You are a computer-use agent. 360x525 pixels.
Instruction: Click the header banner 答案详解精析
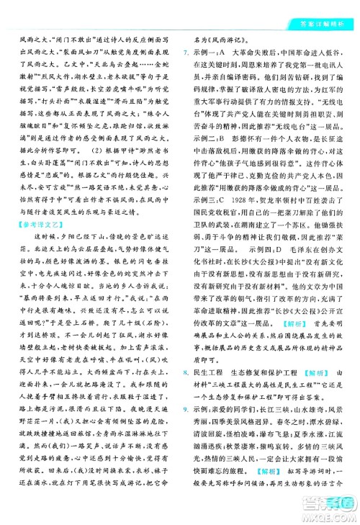[x=328, y=9]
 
